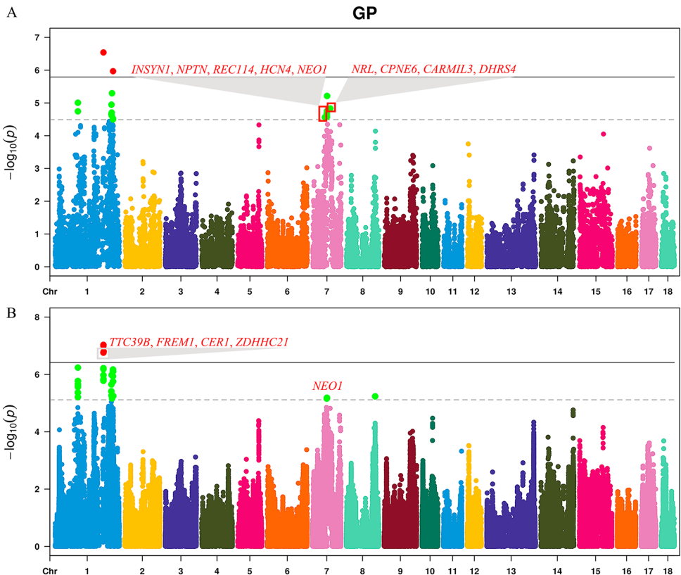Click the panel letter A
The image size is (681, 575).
11,13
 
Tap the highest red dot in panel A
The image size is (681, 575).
103,52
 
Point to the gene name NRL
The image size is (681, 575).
362,70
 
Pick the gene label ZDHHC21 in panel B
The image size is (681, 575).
260,342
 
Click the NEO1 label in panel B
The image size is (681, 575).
327,386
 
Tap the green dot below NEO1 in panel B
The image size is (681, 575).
327,398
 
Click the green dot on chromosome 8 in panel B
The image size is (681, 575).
375,396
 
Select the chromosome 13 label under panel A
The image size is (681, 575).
511,290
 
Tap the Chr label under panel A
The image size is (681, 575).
50,290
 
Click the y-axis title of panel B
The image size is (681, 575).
12,431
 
